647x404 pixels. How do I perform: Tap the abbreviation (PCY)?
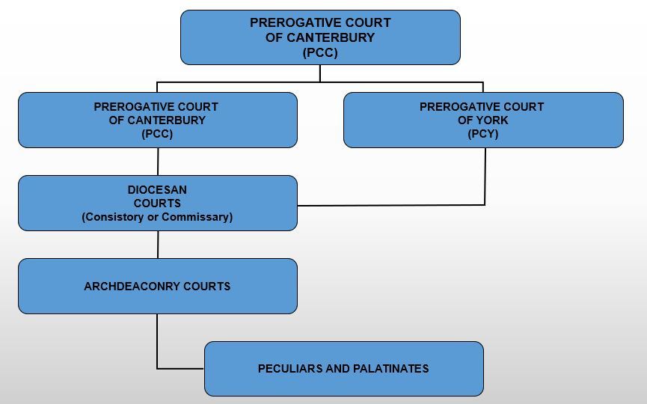(483, 134)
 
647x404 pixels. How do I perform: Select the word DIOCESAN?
(157, 190)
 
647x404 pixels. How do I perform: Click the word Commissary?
(197, 217)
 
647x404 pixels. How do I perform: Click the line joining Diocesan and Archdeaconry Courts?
(158, 245)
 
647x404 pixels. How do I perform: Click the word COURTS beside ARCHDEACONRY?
(206, 287)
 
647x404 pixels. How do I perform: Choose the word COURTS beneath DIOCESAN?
(157, 203)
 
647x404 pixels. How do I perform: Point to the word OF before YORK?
(464, 120)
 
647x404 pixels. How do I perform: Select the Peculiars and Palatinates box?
(344, 369)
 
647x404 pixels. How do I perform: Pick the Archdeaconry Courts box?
(158, 287)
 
